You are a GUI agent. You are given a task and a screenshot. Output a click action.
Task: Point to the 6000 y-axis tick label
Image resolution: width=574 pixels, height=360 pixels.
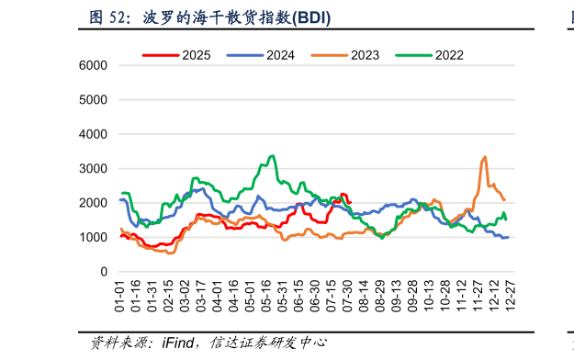(x=94, y=66)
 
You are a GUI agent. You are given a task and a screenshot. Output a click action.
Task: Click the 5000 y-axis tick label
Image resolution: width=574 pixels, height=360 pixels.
(x=94, y=100)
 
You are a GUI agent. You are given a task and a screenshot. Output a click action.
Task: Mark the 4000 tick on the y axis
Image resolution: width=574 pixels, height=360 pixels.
(x=94, y=135)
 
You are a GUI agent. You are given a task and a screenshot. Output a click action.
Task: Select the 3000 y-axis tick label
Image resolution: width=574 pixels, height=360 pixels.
(x=94, y=169)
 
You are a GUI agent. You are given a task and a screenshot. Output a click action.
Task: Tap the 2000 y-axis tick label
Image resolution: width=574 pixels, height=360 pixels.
(x=94, y=204)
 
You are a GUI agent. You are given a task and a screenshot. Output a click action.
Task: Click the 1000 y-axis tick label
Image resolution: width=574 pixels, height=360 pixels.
(x=94, y=238)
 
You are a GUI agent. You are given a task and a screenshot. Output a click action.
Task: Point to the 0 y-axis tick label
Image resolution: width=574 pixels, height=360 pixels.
(x=105, y=273)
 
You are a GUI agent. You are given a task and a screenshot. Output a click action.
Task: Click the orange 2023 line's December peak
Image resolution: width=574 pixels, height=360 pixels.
(x=484, y=157)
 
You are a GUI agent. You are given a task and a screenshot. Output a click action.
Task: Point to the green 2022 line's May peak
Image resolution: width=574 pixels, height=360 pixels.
(x=272, y=156)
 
